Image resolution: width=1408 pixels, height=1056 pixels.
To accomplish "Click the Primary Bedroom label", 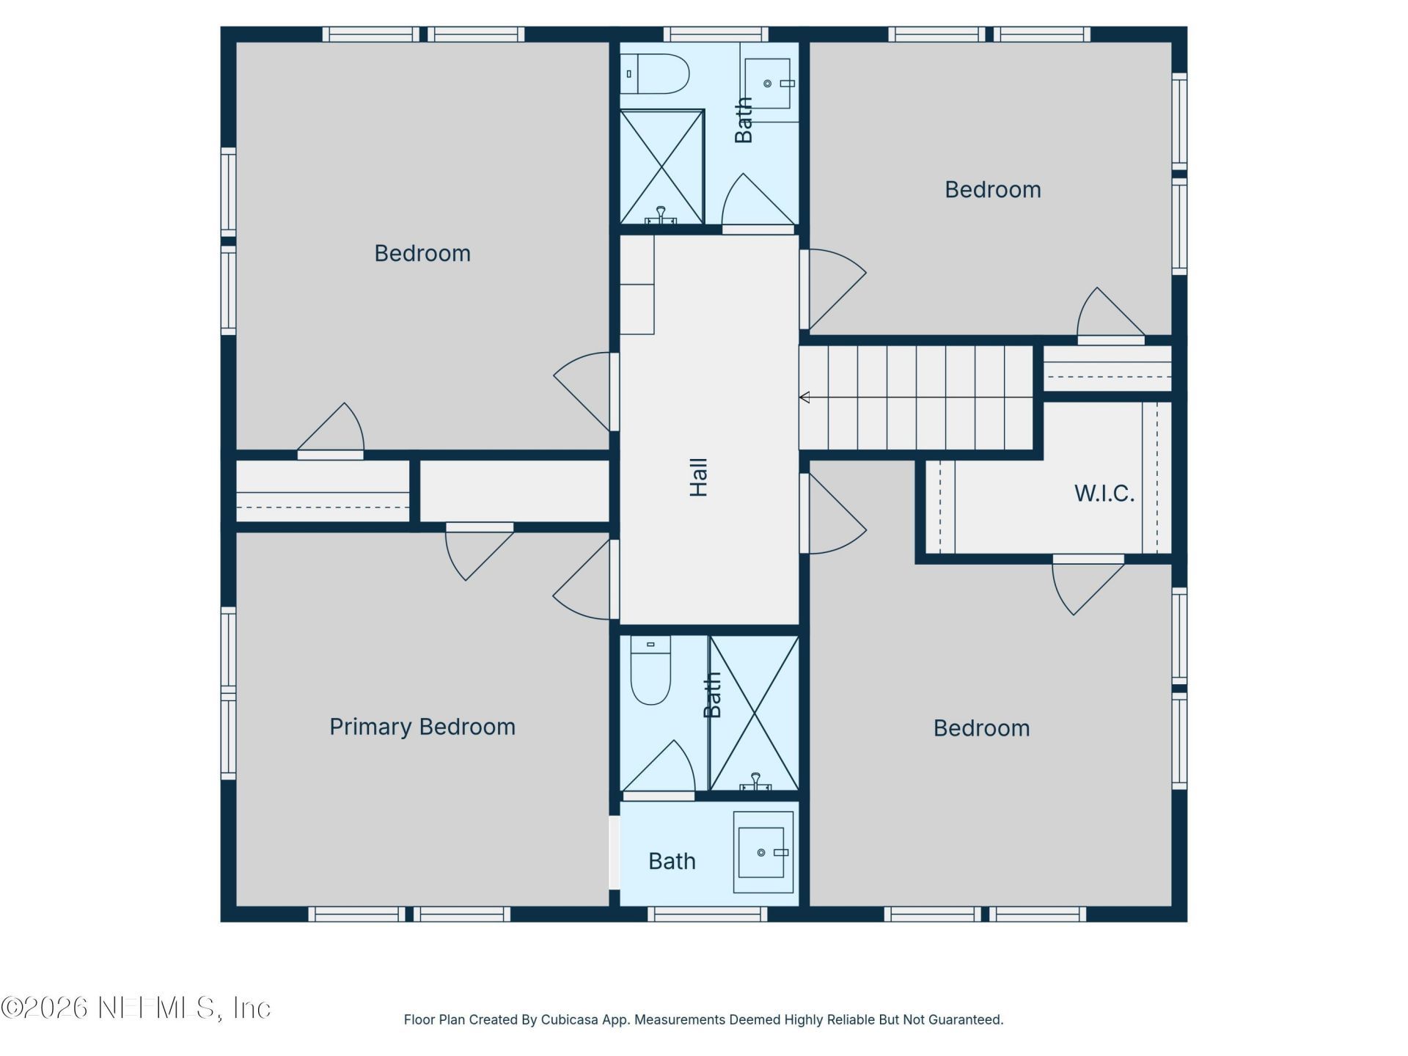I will click(422, 727).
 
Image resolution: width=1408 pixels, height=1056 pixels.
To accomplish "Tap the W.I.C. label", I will click(1104, 494).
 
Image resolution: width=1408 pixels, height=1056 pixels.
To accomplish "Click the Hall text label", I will click(699, 477).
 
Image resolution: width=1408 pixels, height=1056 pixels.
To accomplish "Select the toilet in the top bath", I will click(655, 73).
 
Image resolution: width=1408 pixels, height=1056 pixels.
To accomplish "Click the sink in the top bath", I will click(768, 84).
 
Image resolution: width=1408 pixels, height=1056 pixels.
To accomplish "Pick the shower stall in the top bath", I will click(661, 166).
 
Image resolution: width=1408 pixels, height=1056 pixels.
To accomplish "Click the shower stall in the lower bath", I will click(755, 713).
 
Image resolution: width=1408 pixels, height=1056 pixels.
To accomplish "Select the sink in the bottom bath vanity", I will click(761, 852).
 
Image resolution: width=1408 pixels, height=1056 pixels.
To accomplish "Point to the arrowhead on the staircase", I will click(804, 397).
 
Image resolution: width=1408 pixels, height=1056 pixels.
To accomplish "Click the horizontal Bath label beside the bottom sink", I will click(672, 861).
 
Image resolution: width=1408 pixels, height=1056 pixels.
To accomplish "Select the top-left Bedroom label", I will click(422, 254).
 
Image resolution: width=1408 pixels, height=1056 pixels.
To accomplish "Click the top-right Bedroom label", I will click(992, 190).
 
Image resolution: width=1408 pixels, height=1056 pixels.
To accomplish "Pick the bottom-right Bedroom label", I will click(981, 728).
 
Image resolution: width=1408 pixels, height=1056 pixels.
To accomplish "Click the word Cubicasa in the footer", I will click(568, 1019).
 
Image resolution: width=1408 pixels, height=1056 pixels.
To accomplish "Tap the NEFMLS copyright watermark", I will click(136, 1008).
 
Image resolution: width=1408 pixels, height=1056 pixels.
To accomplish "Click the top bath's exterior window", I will click(716, 34).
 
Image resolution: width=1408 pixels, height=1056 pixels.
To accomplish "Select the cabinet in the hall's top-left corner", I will click(637, 285).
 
